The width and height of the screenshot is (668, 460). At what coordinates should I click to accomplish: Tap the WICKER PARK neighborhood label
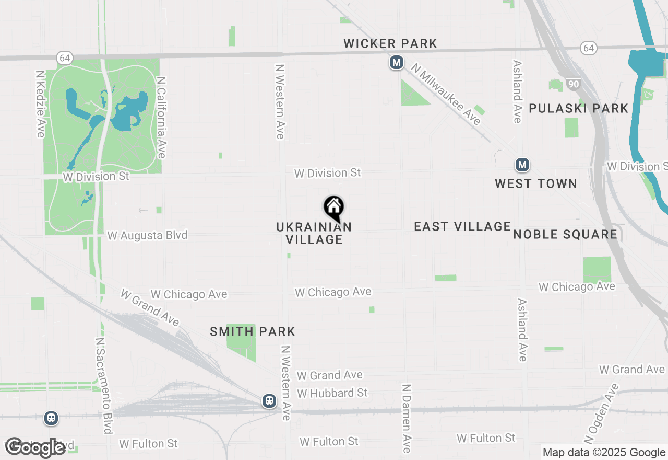click(390, 43)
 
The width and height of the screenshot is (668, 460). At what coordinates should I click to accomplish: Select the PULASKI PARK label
click(579, 108)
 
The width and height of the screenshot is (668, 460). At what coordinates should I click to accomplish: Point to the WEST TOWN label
click(536, 183)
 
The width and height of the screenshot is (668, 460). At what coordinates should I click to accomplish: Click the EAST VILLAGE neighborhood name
click(462, 226)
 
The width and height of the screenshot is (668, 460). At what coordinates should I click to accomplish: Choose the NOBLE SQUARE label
click(566, 234)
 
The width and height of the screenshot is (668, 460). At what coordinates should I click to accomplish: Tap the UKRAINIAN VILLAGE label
click(314, 233)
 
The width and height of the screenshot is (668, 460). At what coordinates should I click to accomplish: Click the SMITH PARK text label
click(253, 331)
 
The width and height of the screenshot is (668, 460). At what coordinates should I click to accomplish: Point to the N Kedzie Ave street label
click(41, 104)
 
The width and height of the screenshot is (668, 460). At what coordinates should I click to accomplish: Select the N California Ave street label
click(161, 118)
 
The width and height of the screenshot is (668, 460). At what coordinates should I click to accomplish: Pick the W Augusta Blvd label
click(147, 236)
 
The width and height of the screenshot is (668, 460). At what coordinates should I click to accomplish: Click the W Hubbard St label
click(332, 393)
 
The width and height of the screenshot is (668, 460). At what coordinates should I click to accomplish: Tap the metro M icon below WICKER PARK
click(397, 63)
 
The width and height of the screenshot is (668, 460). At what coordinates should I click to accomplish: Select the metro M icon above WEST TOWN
click(522, 165)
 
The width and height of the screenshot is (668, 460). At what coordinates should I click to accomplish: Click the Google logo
click(35, 447)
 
